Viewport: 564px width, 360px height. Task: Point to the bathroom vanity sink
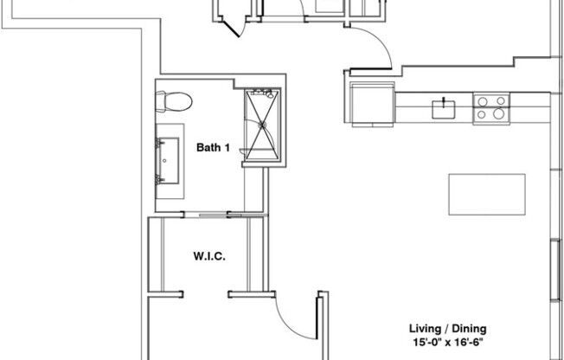click(170, 159)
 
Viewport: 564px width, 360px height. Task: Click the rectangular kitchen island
click(487, 195)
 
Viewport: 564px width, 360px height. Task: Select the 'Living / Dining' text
click(447, 329)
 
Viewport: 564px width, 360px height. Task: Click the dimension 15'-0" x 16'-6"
click(447, 343)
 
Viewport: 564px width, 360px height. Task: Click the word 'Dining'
click(467, 329)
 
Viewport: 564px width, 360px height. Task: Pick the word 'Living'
click(424, 329)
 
